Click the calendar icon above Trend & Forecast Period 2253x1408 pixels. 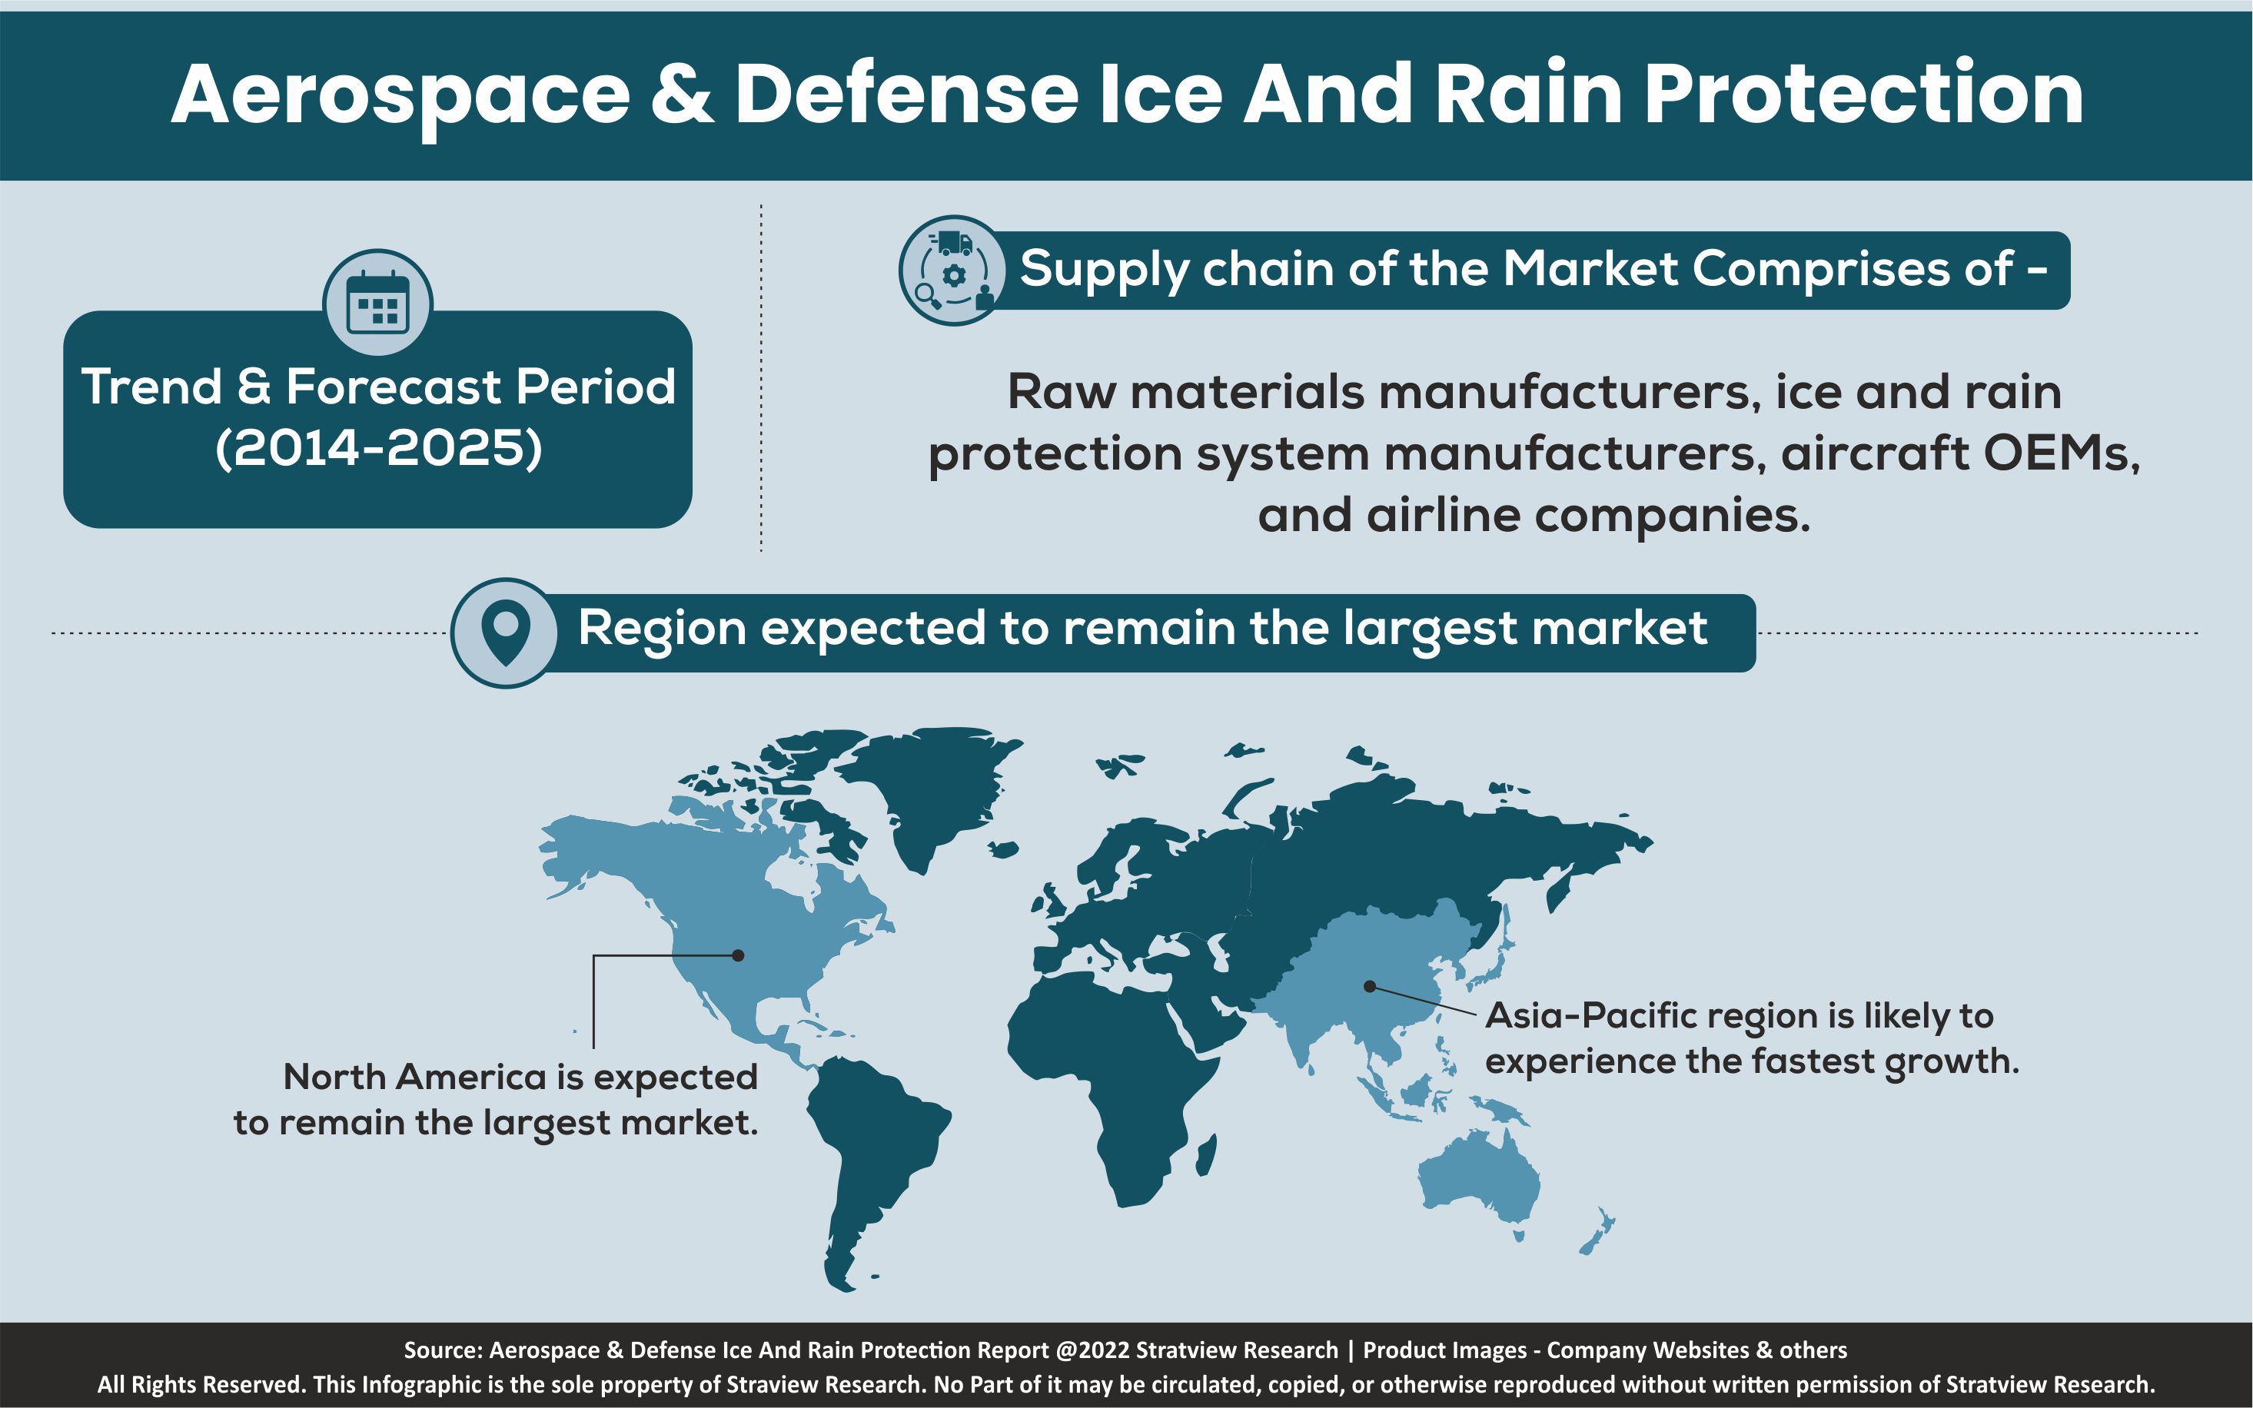pyautogui.click(x=377, y=304)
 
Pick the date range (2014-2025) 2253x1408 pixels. pyautogui.click(x=378, y=449)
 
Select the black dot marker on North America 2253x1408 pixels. pyautogui.click(x=738, y=955)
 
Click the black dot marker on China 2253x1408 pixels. pyautogui.click(x=1370, y=986)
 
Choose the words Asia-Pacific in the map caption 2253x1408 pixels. pyautogui.click(x=1593, y=1015)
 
